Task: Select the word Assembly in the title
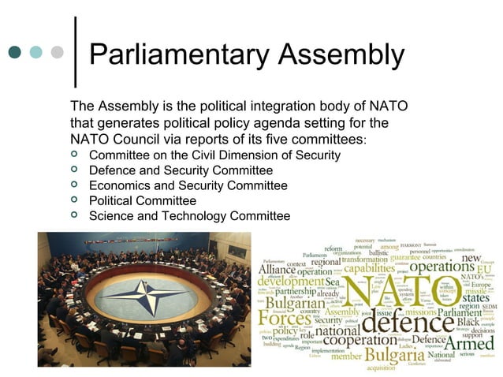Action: [341, 56]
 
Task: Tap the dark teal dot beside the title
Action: [14, 53]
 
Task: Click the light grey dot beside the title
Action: [57, 53]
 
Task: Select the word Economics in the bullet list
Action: [120, 185]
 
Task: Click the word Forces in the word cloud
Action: [285, 319]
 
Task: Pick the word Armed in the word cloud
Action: [470, 343]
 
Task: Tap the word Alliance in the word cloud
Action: [277, 270]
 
